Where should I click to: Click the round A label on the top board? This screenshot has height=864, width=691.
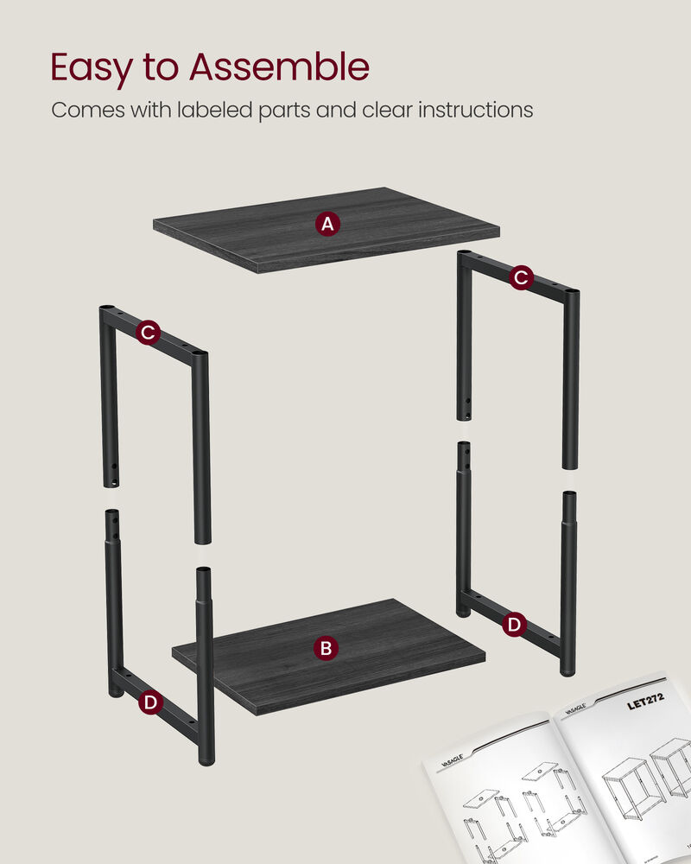coord(326,225)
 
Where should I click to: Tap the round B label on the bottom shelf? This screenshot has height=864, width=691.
coord(325,648)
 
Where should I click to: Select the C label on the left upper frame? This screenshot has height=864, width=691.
coord(148,332)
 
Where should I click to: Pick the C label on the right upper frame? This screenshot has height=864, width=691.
coord(520,277)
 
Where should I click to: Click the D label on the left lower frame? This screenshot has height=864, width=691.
coord(150,703)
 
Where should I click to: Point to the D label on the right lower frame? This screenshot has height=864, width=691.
coord(514,624)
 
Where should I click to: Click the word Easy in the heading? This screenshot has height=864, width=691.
coord(92,68)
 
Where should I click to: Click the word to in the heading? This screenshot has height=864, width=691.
coord(164,68)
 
